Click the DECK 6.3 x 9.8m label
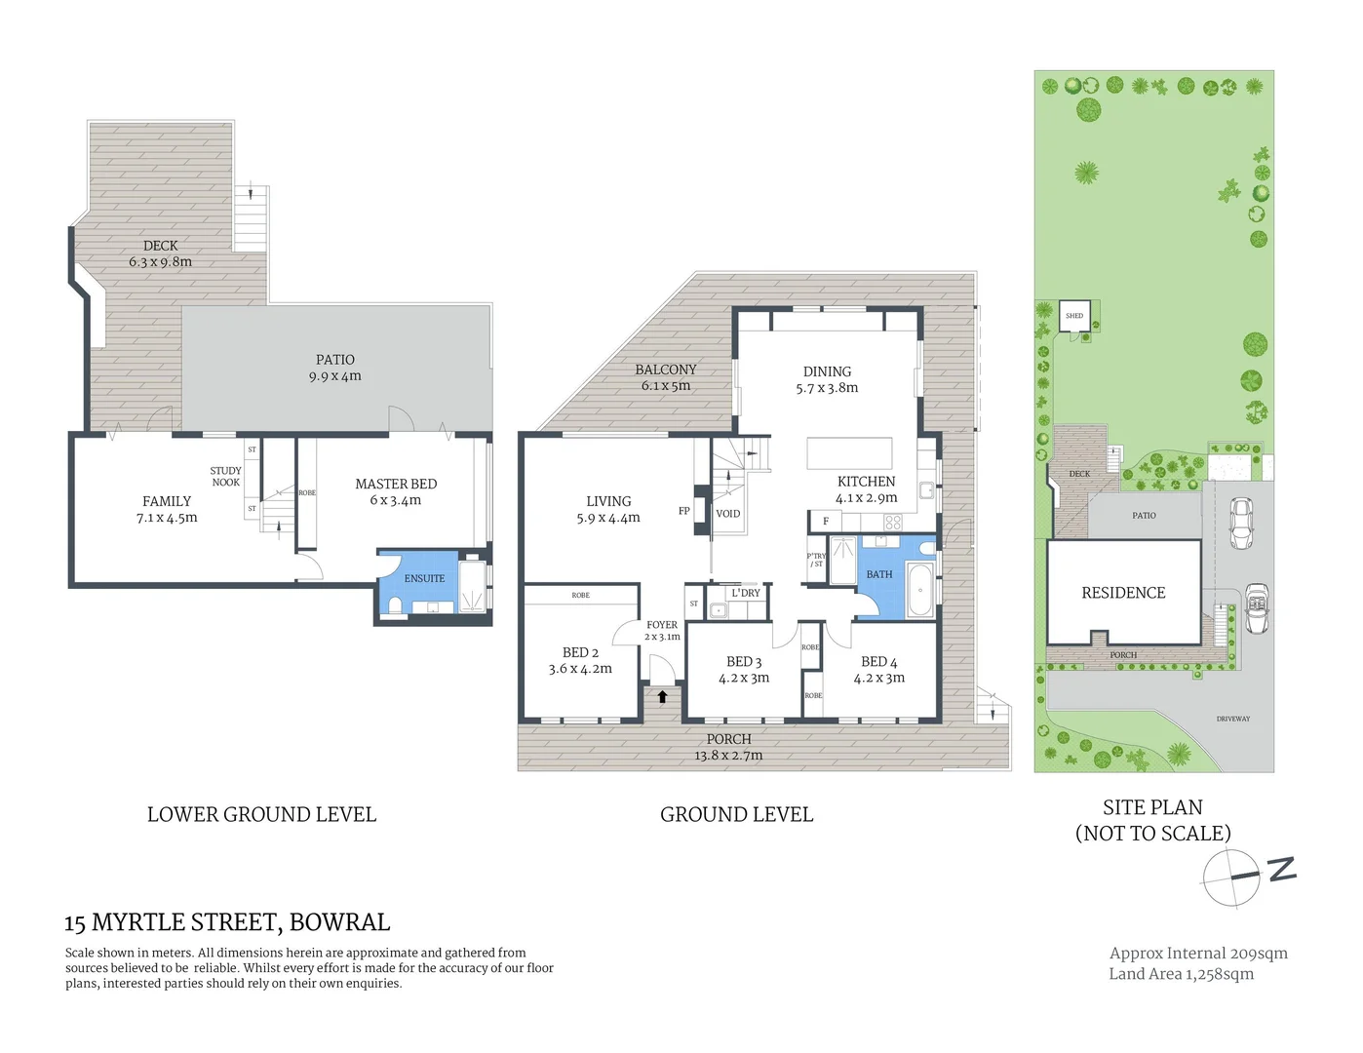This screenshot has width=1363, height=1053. pyautogui.click(x=161, y=253)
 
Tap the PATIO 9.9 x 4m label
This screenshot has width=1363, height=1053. pyautogui.click(x=335, y=368)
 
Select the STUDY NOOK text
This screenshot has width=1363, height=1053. pyautogui.click(x=225, y=477)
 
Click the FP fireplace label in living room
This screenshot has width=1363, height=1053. pyautogui.click(x=683, y=511)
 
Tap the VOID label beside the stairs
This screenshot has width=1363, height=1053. pyautogui.click(x=728, y=514)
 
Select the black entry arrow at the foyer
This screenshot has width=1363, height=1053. pyautogui.click(x=663, y=696)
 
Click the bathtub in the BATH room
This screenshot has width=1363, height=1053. pyautogui.click(x=919, y=590)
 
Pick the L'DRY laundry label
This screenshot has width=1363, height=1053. pyautogui.click(x=746, y=593)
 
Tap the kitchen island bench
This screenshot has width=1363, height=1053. pyautogui.click(x=849, y=453)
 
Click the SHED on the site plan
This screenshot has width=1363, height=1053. pyautogui.click(x=1074, y=316)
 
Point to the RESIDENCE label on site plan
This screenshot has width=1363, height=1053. pyautogui.click(x=1123, y=593)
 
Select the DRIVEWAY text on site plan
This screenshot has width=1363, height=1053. pyautogui.click(x=1232, y=719)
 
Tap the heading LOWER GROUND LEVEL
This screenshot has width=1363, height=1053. pyautogui.click(x=261, y=815)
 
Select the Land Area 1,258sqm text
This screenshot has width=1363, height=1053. pyautogui.click(x=1181, y=974)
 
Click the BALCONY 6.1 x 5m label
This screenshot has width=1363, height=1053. pyautogui.click(x=666, y=377)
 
